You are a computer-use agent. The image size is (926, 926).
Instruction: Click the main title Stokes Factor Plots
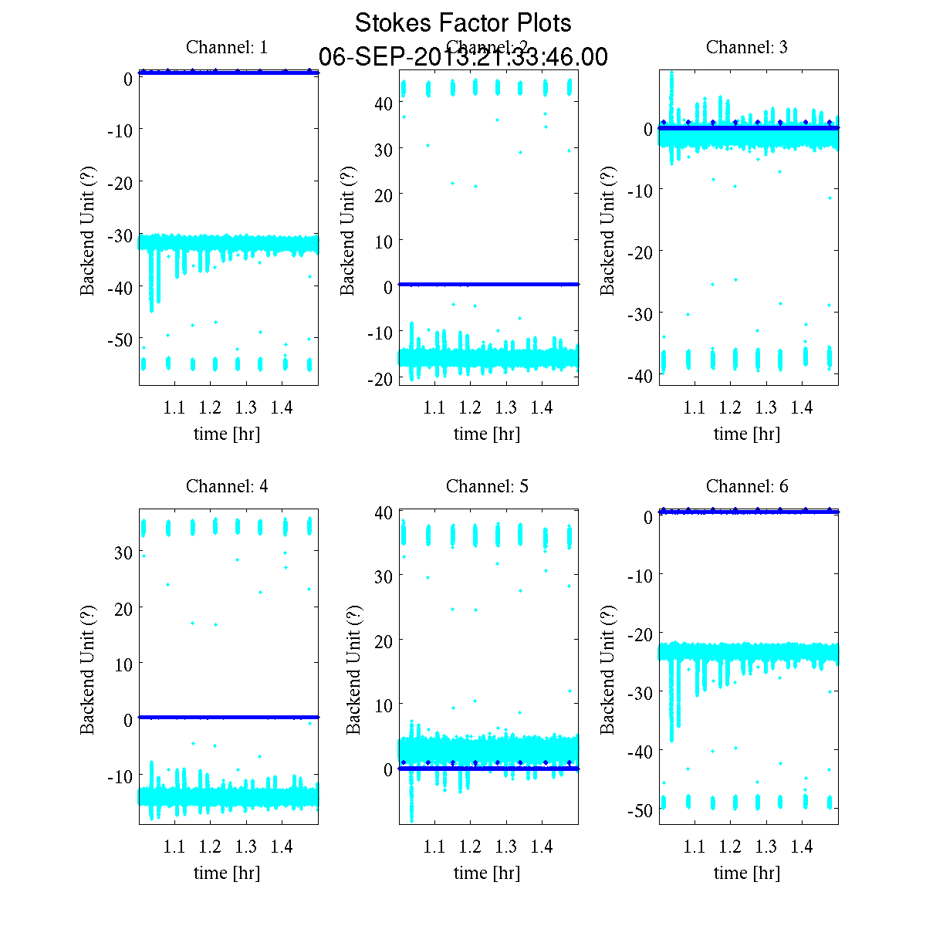(463, 23)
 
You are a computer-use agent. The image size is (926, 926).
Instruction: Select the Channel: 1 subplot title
(227, 47)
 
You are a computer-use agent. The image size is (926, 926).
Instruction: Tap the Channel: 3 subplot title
(747, 47)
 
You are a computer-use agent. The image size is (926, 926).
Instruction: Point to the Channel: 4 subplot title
(227, 486)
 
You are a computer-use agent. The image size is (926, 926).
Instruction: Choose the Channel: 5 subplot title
(487, 486)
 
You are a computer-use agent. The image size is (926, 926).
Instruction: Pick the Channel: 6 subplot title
(747, 486)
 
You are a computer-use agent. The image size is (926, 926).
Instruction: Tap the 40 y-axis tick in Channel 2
(385, 103)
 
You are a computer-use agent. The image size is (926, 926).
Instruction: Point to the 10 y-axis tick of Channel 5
(384, 705)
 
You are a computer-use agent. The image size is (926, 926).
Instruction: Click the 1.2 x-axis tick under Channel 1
(210, 407)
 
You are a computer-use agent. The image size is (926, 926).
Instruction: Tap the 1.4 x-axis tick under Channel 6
(802, 847)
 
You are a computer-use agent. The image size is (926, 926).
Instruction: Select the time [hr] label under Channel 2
(487, 434)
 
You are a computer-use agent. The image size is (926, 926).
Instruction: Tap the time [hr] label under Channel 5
(487, 873)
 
